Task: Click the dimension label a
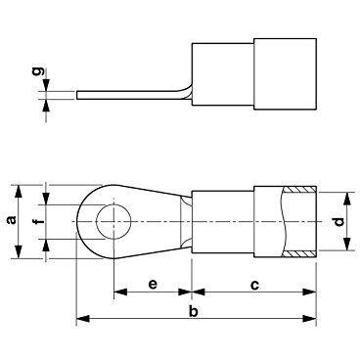(11, 221)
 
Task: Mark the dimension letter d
(338, 221)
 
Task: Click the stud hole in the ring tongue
(114, 221)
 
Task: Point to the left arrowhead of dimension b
(80, 319)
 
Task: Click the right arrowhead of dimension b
(315, 319)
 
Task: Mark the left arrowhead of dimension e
(118, 291)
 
